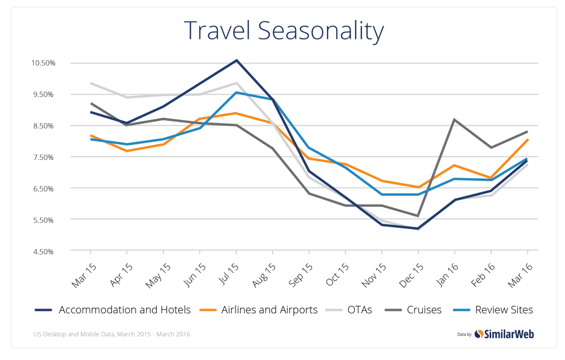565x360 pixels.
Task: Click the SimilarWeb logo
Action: (x=504, y=334)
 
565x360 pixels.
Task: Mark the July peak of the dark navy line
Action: (x=237, y=60)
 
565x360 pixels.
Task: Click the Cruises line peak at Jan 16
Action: (x=454, y=119)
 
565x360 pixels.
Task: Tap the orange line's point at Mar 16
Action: (x=527, y=140)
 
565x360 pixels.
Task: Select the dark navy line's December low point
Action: (x=418, y=228)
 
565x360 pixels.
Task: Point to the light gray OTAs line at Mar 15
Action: (x=90, y=83)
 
